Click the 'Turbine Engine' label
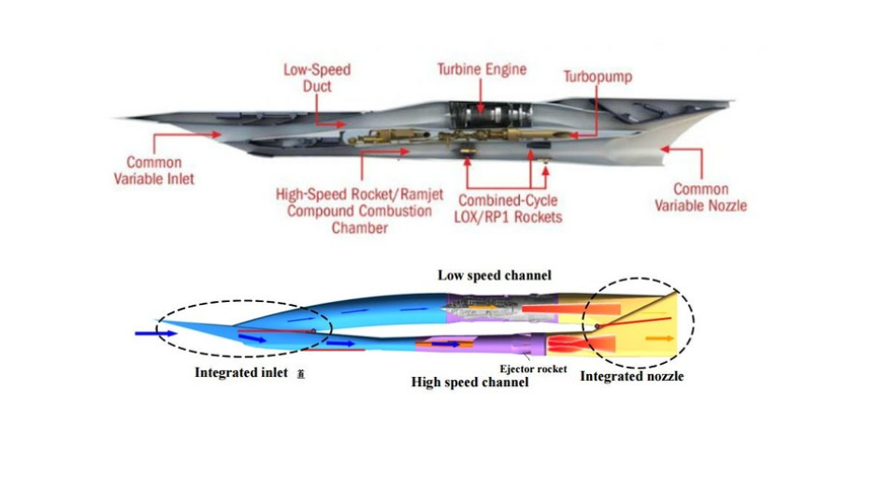point(482,69)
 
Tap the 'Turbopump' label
point(597,76)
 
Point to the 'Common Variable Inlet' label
point(154,170)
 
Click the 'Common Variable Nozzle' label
point(700,196)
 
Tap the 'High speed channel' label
point(469,382)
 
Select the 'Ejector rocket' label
point(532,368)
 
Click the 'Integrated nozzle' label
point(632,376)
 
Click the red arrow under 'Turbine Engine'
point(482,96)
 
